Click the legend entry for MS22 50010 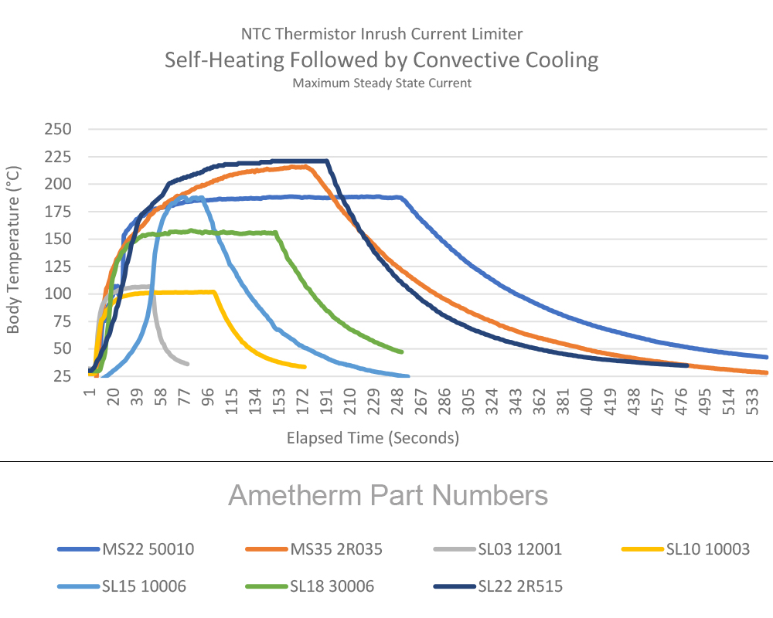pos(148,549)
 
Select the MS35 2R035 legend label pos(336,549)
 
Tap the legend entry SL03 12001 pos(518,549)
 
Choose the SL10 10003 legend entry pos(707,549)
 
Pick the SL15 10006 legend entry pos(145,586)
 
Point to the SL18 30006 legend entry pos(332,586)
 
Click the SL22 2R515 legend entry pos(519,586)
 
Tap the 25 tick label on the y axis pos(62,377)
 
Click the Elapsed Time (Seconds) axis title pos(373,438)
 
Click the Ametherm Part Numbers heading pos(388,495)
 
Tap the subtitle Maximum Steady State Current pos(382,83)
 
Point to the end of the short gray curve pos(187,364)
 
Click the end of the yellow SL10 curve pos(305,367)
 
